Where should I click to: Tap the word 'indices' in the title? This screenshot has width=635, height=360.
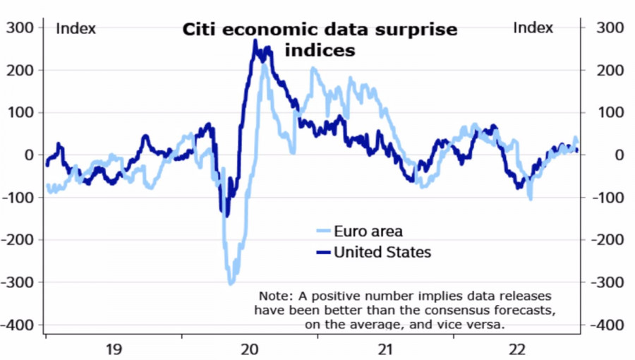(320, 51)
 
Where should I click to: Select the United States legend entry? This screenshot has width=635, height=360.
(382, 252)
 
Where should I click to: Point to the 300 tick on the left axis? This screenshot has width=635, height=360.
(20, 28)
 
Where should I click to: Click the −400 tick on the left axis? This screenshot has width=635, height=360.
(17, 325)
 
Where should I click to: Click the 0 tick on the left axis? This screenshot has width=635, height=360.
(28, 155)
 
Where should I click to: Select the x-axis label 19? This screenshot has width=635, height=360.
(114, 349)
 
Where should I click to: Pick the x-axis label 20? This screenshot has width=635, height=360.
(250, 349)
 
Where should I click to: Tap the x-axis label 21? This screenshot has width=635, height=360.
(385, 349)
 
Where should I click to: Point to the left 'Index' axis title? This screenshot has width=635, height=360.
(75, 28)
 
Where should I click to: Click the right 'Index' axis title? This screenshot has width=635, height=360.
(533, 28)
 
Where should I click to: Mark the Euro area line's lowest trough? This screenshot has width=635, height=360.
(231, 283)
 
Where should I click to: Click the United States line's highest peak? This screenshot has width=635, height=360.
(255, 41)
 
